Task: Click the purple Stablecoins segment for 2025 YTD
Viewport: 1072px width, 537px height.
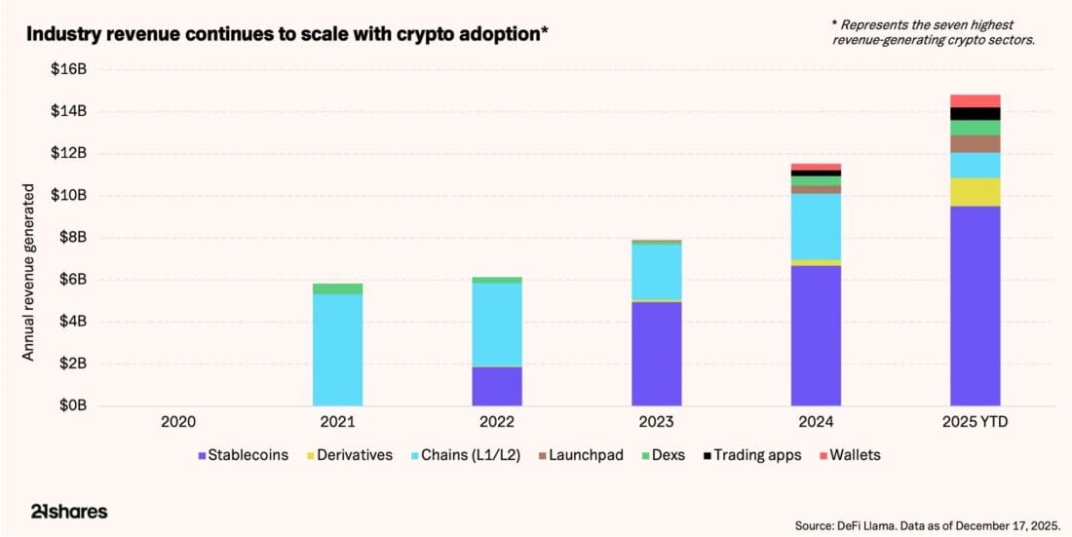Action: click(x=975, y=305)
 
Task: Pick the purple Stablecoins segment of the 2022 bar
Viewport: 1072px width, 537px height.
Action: click(x=497, y=386)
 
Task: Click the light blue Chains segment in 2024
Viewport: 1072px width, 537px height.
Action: click(x=816, y=226)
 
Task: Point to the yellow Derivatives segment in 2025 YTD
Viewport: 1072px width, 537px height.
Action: click(x=975, y=192)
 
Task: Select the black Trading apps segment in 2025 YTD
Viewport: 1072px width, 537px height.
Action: click(x=975, y=114)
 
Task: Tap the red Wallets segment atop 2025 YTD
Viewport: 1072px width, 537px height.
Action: click(x=975, y=100)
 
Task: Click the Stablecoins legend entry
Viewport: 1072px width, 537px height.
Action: click(x=243, y=455)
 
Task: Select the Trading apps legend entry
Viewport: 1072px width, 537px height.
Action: click(x=757, y=455)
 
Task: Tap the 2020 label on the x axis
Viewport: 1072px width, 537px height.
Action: click(x=178, y=423)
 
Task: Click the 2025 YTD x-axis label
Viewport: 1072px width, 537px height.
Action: click(x=975, y=423)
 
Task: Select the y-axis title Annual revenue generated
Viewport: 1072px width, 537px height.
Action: click(x=29, y=272)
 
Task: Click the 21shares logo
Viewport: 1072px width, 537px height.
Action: click(x=65, y=512)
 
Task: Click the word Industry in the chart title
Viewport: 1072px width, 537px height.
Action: click(x=58, y=34)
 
